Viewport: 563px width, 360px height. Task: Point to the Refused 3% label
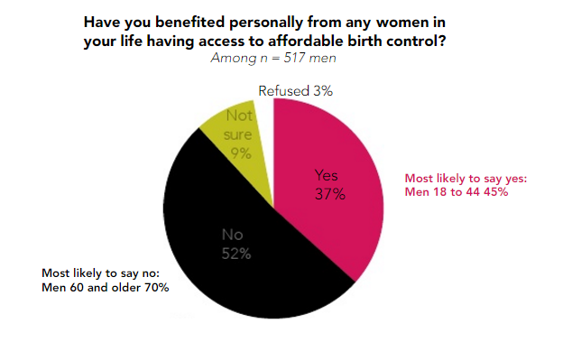click(297, 91)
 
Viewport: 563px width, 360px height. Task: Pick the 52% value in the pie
click(236, 254)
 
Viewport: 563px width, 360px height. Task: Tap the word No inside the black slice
click(233, 235)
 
